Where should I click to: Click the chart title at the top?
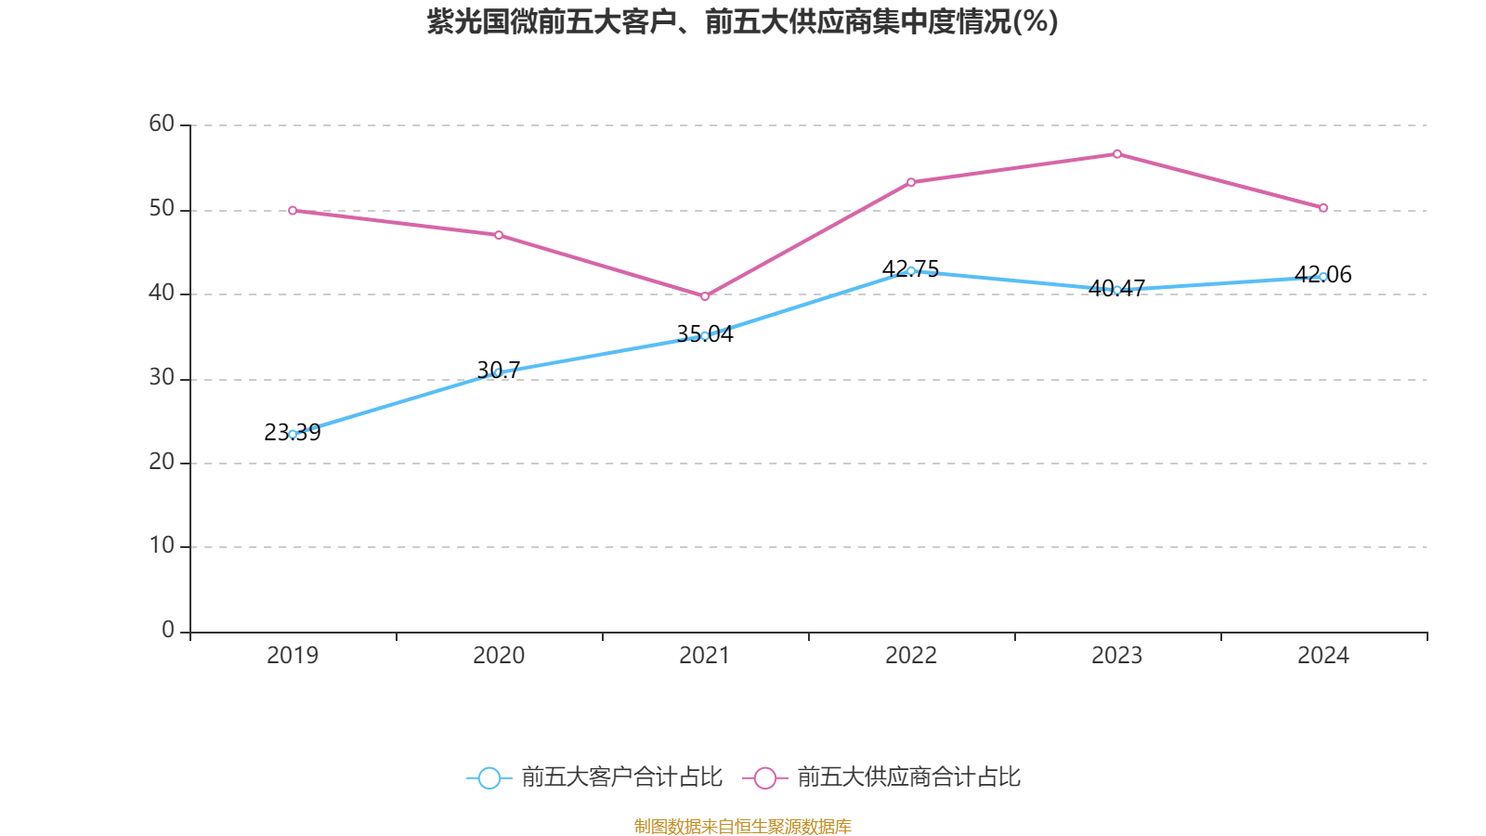tap(742, 21)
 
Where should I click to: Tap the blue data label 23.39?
tap(293, 433)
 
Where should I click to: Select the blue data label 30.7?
tap(499, 370)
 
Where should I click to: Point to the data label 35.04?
tap(705, 334)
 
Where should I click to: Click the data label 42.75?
tap(911, 269)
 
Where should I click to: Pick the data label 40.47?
tap(1117, 288)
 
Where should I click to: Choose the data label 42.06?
tap(1323, 275)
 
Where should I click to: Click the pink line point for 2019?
tap(293, 211)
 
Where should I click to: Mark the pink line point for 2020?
tap(499, 235)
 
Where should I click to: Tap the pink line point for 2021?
tap(705, 296)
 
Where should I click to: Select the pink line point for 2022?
tap(911, 182)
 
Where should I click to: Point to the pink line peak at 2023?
tap(1117, 153)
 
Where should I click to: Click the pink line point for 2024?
tap(1323, 208)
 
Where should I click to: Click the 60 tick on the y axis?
tap(162, 124)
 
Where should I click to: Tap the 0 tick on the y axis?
tap(168, 631)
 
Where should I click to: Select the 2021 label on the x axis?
tap(705, 656)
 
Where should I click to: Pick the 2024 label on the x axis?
tap(1323, 656)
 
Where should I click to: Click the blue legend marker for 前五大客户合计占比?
tap(489, 777)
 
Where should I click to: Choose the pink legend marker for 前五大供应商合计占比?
tap(764, 777)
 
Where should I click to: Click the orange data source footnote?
tap(742, 826)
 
